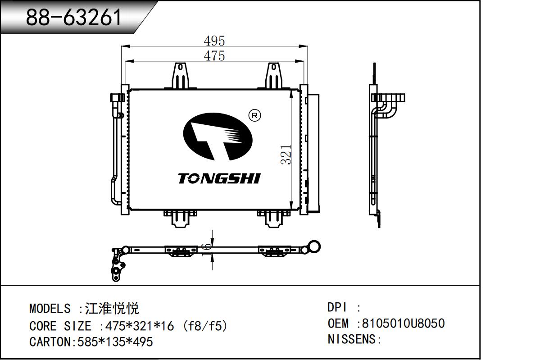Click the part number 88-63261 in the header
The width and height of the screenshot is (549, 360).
[73, 17]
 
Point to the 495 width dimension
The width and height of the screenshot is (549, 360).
[214, 41]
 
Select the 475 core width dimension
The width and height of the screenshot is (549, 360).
[214, 56]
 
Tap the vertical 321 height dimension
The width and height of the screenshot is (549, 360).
[286, 155]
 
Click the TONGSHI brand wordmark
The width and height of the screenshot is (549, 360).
[219, 178]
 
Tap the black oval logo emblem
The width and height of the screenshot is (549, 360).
[218, 137]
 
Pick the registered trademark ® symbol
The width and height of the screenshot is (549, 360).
[254, 115]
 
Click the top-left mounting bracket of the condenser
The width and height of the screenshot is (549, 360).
[181, 76]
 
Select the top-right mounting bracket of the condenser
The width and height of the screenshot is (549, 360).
[274, 76]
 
